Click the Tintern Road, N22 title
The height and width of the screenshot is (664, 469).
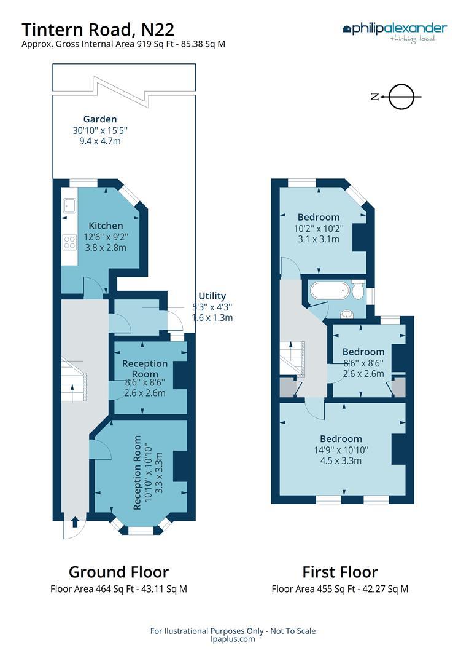tap(98, 29)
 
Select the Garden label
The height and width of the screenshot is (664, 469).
tap(100, 119)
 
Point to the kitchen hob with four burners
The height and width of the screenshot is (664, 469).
tap(68, 242)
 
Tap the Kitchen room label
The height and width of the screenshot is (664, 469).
tap(106, 226)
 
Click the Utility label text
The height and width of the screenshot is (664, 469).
tap(212, 296)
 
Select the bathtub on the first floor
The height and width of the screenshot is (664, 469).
tap(330, 290)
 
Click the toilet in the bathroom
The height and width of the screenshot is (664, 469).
tap(359, 292)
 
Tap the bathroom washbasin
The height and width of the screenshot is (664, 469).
tap(347, 314)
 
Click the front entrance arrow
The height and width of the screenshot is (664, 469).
tap(74, 522)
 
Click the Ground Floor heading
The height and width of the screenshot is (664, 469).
tap(118, 572)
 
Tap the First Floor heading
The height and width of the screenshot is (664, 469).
tap(339, 572)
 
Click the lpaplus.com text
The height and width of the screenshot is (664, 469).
tap(233, 639)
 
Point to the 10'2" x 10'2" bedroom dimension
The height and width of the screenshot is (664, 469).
tap(318, 228)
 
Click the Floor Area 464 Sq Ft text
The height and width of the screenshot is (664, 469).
tap(118, 589)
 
